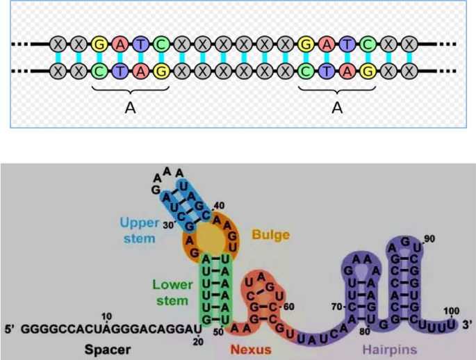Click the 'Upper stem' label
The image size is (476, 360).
pyautogui.click(x=139, y=229)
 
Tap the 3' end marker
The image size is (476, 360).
pyautogui.click(x=468, y=323)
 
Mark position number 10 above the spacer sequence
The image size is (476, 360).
pyautogui.click(x=106, y=316)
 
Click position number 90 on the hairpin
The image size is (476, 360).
pyautogui.click(x=429, y=239)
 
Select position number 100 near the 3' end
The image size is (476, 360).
pyautogui.click(x=452, y=310)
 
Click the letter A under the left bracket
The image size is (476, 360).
pyautogui.click(x=129, y=107)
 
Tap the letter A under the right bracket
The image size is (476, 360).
pyautogui.click(x=337, y=107)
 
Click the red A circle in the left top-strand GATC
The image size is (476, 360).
pyautogui.click(x=120, y=44)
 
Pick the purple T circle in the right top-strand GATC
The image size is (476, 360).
pyautogui.click(x=348, y=44)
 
